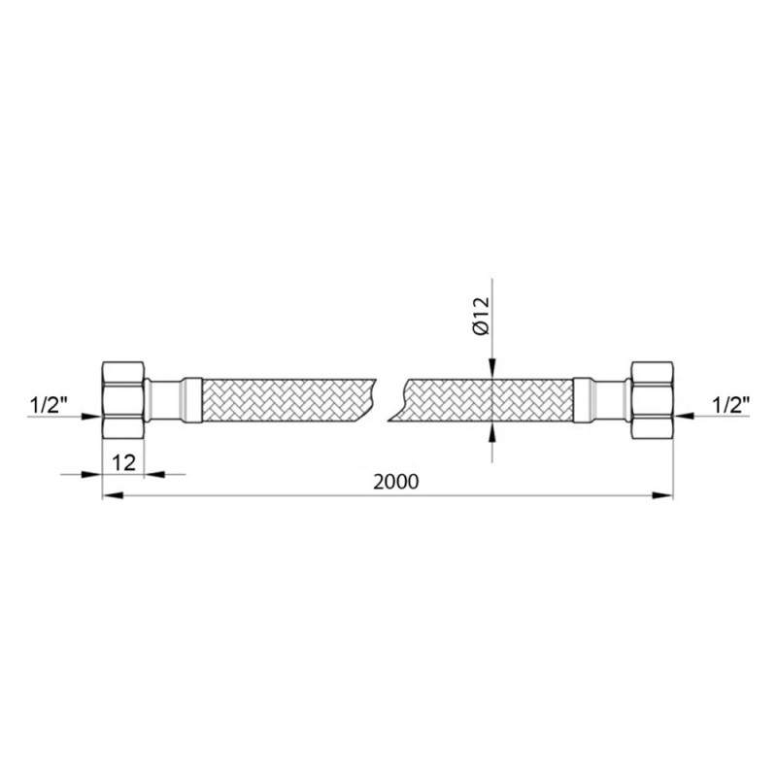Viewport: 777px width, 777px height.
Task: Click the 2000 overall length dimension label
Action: pyautogui.click(x=396, y=481)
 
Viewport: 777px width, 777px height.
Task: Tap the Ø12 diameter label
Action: pyautogui.click(x=481, y=317)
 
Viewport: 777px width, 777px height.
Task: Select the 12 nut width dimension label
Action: pyautogui.click(x=123, y=463)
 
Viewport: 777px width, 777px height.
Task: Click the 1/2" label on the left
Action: pyautogui.click(x=49, y=406)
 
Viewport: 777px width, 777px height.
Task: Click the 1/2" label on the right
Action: pyautogui.click(x=730, y=406)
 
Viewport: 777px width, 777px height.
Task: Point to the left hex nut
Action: pyautogui.click(x=123, y=399)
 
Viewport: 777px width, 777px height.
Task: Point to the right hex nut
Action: pyautogui.click(x=652, y=399)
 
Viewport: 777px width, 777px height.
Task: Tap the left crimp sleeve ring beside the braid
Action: pyautogui.click(x=191, y=400)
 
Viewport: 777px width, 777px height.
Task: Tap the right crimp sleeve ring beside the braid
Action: pyautogui.click(x=584, y=400)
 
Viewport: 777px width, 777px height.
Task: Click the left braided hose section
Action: pyautogui.click(x=287, y=400)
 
